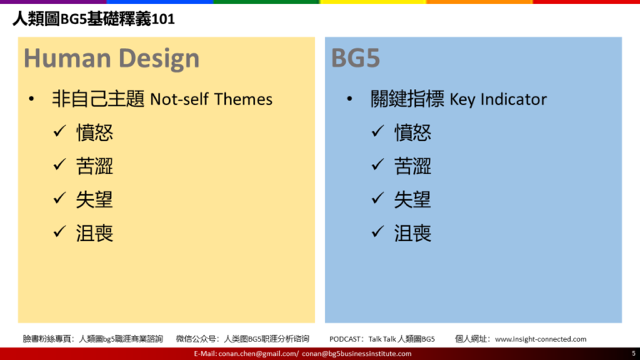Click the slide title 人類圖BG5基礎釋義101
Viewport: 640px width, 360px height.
[x=93, y=19]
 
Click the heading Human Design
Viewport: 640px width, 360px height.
[x=112, y=58]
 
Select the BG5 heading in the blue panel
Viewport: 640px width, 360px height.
[x=356, y=58]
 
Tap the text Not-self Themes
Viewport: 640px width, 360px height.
[x=211, y=99]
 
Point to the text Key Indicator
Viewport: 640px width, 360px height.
[x=498, y=99]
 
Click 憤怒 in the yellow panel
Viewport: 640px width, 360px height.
[x=94, y=132]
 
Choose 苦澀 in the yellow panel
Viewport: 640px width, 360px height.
[x=94, y=166]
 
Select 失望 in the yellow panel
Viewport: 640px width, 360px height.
[x=94, y=200]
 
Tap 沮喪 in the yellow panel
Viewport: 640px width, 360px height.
[x=94, y=233]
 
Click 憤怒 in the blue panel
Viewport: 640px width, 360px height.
[x=412, y=132]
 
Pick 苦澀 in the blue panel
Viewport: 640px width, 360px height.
[x=412, y=166]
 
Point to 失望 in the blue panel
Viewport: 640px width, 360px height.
[x=412, y=200]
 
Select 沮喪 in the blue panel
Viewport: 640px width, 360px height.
[x=412, y=233]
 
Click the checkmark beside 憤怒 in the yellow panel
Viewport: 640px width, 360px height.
[x=59, y=131]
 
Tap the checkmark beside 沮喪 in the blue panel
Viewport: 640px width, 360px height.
[x=377, y=232]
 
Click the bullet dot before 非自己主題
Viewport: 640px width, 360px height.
[x=32, y=99]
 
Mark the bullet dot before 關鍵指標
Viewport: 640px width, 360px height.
[x=349, y=99]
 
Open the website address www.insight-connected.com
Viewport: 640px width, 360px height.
[x=540, y=339]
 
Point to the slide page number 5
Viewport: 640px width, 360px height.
[x=633, y=353]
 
